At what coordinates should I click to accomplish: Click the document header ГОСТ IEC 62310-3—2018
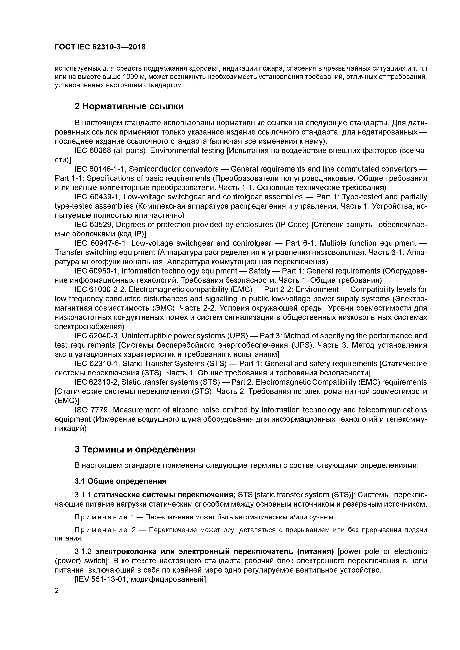click(x=100, y=47)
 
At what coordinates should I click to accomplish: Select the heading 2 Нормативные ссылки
click(x=129, y=106)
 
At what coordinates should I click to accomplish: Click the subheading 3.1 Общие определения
click(x=120, y=481)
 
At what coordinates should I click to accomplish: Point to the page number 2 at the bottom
click(x=57, y=591)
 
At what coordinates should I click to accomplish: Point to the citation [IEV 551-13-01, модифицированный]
click(x=140, y=580)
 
